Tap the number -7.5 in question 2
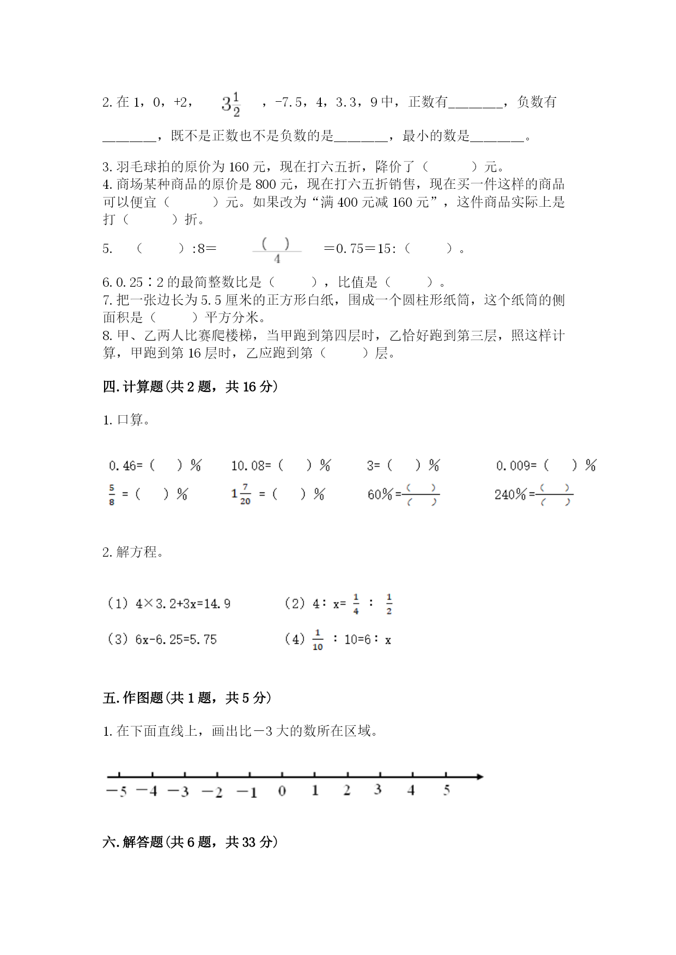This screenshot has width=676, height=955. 289,102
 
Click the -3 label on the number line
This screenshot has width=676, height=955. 179,792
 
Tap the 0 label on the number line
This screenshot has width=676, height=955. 282,791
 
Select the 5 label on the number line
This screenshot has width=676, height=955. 446,791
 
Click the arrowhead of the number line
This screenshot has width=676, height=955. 479,777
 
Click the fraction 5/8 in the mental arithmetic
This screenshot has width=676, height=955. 112,495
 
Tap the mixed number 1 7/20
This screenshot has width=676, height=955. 241,494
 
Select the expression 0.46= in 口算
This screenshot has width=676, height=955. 125,466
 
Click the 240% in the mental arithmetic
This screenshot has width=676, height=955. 510,495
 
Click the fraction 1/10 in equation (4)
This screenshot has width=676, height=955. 318,640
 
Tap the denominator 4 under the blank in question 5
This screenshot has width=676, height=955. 277,260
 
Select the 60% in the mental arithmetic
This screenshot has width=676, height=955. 380,495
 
